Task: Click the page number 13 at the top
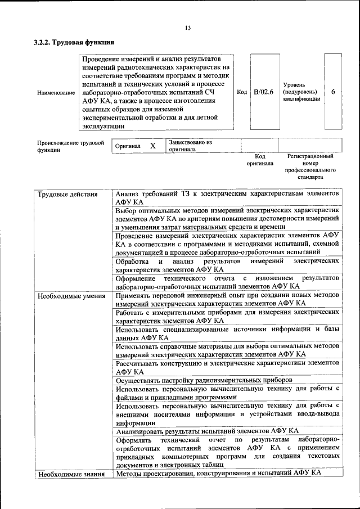(188, 29)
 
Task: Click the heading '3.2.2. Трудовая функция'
(74, 42)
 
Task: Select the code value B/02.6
(263, 92)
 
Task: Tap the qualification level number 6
(333, 92)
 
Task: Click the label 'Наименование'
(56, 92)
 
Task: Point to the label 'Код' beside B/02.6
(242, 92)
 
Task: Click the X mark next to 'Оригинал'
(152, 146)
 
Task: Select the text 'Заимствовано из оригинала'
(190, 146)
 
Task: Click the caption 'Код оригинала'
(260, 160)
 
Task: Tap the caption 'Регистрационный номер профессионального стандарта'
(310, 166)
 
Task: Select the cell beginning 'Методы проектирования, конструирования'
(218, 474)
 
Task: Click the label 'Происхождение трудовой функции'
(70, 146)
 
